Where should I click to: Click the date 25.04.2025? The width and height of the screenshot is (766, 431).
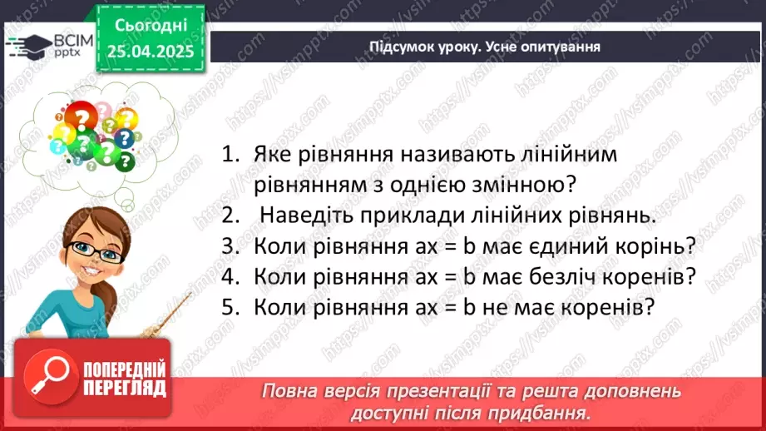pyautogui.click(x=150, y=52)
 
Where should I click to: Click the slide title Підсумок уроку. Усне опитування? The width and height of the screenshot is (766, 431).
pyautogui.click(x=485, y=47)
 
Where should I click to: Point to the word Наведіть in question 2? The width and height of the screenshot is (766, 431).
pyautogui.click(x=300, y=215)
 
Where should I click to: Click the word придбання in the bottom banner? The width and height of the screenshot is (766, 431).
pyautogui.click(x=550, y=412)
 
